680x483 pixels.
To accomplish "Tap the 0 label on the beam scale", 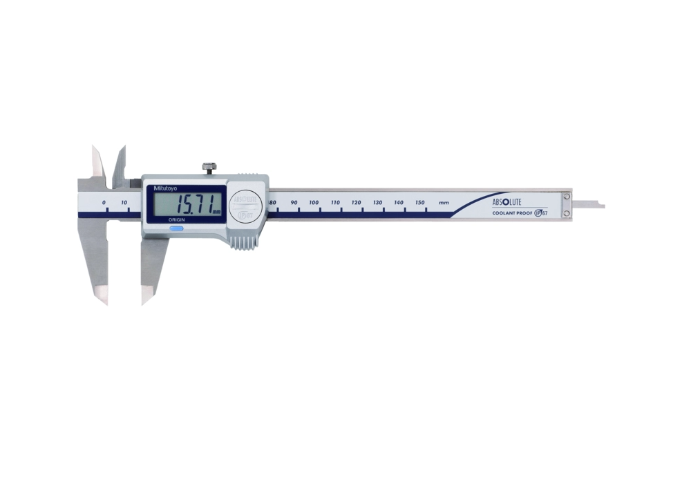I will point(104,202).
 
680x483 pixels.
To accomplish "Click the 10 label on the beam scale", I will point(124,202).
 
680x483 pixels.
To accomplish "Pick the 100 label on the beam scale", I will point(314,202).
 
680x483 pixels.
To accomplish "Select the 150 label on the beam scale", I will point(419,202).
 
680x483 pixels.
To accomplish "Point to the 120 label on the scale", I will point(356,202).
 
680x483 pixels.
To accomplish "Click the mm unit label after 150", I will point(444,202).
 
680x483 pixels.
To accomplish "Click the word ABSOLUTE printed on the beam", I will point(510,201).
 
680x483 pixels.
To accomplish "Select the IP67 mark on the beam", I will point(540,213).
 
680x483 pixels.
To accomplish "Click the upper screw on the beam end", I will point(566,197).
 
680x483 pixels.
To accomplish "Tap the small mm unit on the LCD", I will point(216,211).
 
